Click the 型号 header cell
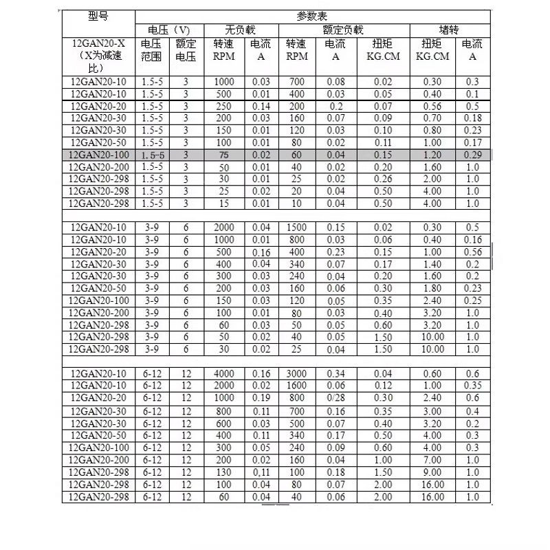pos(98,17)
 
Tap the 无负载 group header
pos(240,30)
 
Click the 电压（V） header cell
pos(168,30)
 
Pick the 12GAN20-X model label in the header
pos(98,43)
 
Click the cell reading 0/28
pos(335,397)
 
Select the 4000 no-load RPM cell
pos(224,373)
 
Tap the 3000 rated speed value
pos(297,373)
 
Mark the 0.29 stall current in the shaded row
pos(472,155)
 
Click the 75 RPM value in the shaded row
pos(224,155)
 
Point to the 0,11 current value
pos(261,473)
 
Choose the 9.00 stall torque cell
pos(432,473)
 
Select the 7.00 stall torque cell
pos(432,460)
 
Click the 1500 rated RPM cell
pos(297,228)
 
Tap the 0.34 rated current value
pos(335,373)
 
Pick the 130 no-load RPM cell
pos(224,473)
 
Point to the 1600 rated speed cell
pos(297,385)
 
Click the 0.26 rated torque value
pos(383,179)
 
